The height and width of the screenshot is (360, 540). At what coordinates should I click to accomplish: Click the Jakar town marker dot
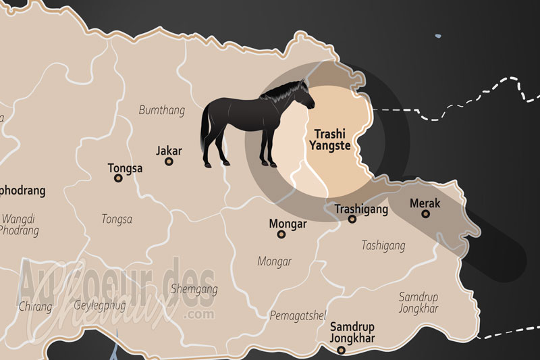169,161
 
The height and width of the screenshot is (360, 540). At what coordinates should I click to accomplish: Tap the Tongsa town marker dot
118,178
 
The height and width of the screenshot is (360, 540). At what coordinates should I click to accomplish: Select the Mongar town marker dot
281,234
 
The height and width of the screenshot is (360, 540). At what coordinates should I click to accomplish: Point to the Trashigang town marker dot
352,219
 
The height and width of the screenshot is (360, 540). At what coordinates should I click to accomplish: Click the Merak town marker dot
425,214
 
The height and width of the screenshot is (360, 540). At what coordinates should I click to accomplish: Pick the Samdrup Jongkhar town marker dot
341,350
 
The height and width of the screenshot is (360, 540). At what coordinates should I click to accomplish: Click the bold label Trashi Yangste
331,138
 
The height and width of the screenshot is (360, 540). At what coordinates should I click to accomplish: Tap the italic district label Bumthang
161,109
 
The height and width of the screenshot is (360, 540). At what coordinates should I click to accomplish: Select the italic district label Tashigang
383,246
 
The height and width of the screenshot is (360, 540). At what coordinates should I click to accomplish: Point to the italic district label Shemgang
196,289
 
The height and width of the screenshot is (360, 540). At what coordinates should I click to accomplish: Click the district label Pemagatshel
298,315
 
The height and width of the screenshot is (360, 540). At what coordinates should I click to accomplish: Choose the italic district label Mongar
274,261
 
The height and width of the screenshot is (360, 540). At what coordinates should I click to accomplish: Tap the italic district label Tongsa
117,219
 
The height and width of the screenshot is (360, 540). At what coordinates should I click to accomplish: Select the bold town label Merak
425,203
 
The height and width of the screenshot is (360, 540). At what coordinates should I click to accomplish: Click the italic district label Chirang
35,306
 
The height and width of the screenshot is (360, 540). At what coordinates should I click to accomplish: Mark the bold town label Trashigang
362,209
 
